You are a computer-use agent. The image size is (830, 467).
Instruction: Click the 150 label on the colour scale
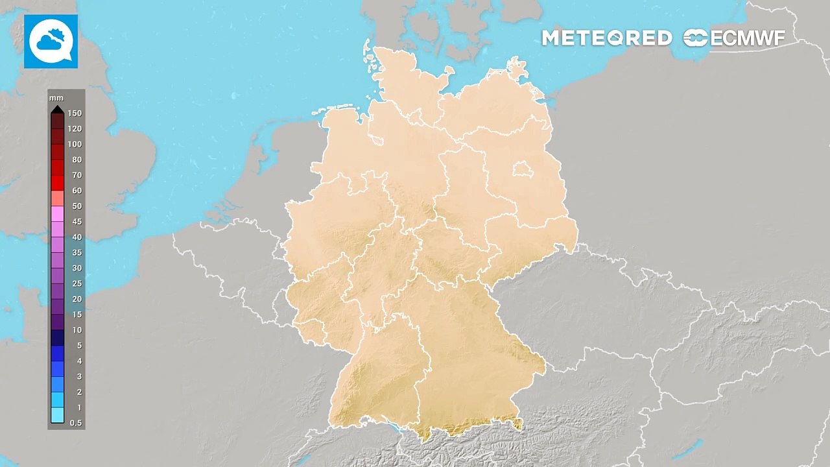click(x=75, y=114)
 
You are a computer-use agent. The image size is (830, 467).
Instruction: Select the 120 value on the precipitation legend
click(x=75, y=129)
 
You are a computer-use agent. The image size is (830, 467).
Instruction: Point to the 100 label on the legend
click(x=75, y=144)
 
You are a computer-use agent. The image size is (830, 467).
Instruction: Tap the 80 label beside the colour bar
click(x=77, y=160)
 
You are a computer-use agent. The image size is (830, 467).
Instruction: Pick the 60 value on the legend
click(x=77, y=191)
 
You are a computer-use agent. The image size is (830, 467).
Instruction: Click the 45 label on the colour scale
click(x=77, y=222)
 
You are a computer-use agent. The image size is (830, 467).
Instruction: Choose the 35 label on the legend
click(x=77, y=253)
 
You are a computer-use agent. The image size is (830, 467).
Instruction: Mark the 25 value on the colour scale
click(x=77, y=283)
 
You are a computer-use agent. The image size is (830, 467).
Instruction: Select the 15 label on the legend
click(x=77, y=315)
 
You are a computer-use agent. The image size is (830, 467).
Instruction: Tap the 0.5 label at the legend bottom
click(x=76, y=423)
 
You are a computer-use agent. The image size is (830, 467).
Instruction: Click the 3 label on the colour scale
click(x=79, y=376)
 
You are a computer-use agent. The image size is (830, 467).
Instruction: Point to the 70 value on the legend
click(x=77, y=175)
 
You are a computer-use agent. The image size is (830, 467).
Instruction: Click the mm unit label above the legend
click(x=56, y=98)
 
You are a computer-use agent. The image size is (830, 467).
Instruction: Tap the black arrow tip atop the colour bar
click(x=57, y=109)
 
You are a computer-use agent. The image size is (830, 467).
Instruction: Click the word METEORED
click(x=606, y=38)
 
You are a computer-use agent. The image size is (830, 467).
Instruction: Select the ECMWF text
click(x=747, y=38)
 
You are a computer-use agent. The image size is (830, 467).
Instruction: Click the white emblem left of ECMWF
click(x=695, y=38)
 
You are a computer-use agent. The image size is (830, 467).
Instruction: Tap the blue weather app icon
click(x=51, y=42)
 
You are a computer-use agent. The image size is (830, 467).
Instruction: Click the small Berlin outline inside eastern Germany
click(x=521, y=170)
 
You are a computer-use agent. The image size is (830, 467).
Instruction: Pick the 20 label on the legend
click(x=77, y=299)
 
